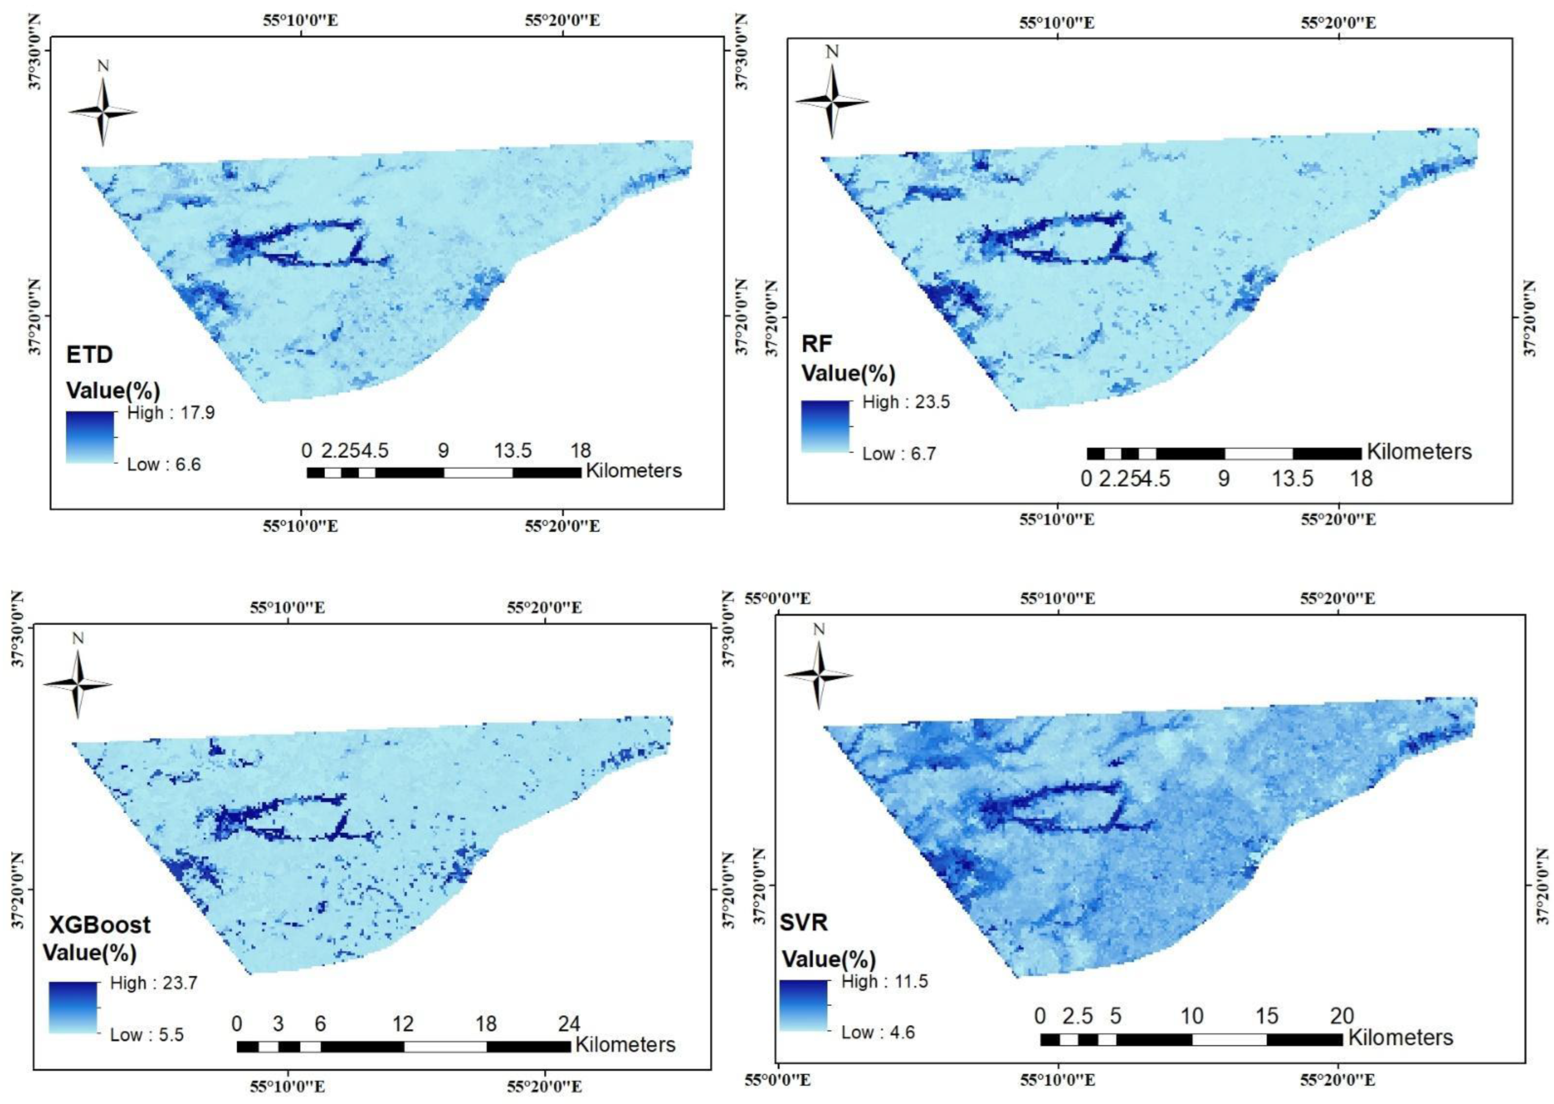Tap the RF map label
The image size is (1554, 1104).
click(817, 344)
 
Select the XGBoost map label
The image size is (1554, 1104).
click(99, 924)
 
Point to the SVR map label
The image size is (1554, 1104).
click(803, 923)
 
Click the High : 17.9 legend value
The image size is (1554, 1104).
click(171, 413)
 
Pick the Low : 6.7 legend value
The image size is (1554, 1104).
click(899, 454)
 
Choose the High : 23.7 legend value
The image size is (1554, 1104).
click(154, 983)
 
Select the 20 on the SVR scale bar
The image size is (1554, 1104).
click(1342, 1016)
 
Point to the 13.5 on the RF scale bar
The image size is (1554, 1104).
click(1293, 479)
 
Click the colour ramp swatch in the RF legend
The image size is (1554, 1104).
click(825, 427)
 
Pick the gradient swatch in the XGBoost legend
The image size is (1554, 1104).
click(73, 1008)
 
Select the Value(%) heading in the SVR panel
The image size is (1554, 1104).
click(828, 959)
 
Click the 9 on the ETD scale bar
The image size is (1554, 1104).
click(443, 450)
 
